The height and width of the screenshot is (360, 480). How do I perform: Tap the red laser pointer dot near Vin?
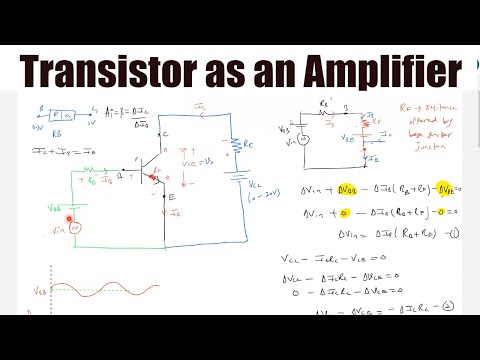click(x=69, y=218)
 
